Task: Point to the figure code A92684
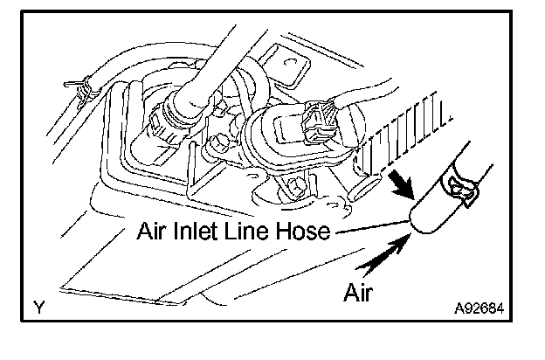(x=480, y=308)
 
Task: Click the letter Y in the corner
(x=39, y=308)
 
